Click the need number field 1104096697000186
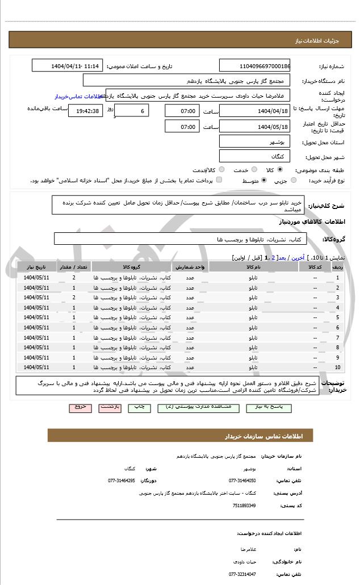[254, 66]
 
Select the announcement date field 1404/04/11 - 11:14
[68, 66]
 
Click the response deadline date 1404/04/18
[254, 110]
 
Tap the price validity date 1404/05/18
[254, 127]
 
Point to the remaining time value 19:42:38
[85, 110]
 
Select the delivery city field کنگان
[254, 156]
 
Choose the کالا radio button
[280, 169]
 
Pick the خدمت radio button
[253, 169]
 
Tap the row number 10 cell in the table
[338, 367]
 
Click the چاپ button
[139, 407]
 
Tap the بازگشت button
[108, 407]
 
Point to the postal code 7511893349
[244, 505]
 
